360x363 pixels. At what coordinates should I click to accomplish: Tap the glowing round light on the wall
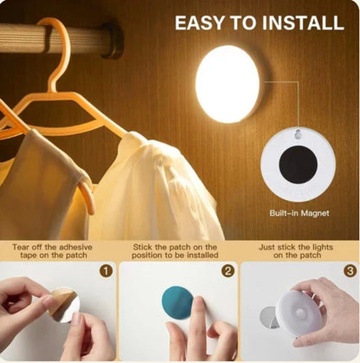[228, 84]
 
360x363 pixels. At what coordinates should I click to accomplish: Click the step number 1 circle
[106, 270]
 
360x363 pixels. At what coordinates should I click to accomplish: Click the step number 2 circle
[228, 270]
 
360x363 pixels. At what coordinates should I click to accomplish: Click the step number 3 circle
[349, 270]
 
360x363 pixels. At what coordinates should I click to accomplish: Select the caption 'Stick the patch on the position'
[179, 251]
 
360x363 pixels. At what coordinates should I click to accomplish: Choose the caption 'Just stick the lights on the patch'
[299, 251]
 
